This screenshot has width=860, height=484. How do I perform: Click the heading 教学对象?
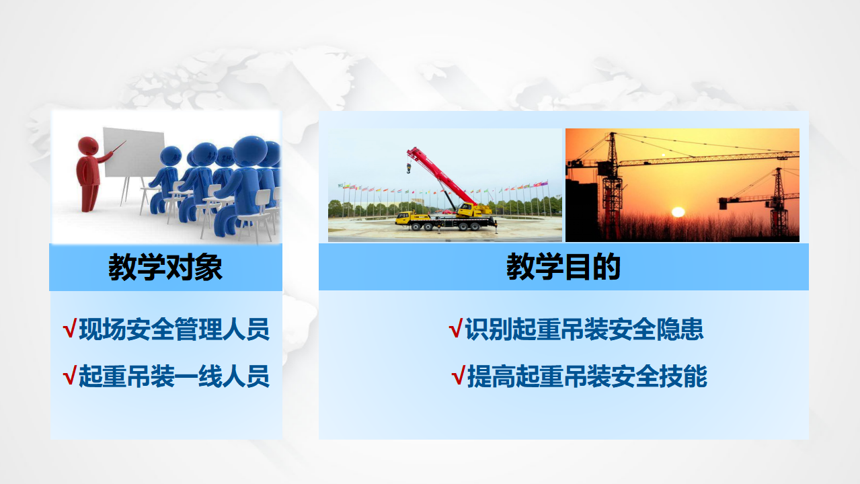tap(165, 267)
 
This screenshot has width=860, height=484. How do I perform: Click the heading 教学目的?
tap(563, 267)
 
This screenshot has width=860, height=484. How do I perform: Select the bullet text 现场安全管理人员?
tap(174, 329)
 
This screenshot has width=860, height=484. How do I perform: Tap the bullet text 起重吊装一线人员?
tap(174, 376)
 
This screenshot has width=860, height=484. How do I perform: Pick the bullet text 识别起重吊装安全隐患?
tap(584, 329)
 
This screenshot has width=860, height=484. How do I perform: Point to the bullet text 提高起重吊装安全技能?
tap(587, 376)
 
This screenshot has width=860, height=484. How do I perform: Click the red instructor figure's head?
tap(88, 147)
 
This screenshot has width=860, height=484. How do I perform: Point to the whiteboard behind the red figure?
tap(134, 153)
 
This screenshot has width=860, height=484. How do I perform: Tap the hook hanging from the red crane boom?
tap(409, 168)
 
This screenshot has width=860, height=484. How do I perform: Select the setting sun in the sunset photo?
tap(678, 212)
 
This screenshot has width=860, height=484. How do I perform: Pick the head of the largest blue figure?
tap(250, 151)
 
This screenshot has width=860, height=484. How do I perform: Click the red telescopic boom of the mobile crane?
tap(442, 176)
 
